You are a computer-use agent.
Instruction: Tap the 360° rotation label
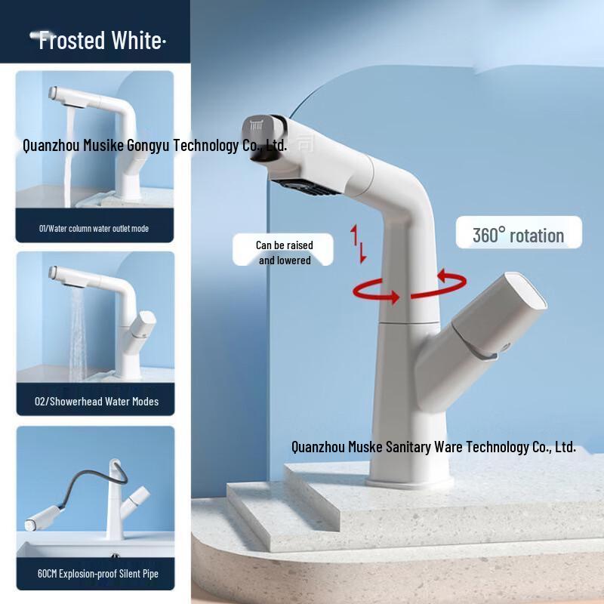(518, 235)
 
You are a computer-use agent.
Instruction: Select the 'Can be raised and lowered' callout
(284, 252)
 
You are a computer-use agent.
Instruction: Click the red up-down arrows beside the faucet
(359, 244)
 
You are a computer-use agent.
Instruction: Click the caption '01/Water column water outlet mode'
(94, 229)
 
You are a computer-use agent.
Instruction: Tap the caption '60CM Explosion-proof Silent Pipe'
(97, 574)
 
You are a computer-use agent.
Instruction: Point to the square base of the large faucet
(411, 479)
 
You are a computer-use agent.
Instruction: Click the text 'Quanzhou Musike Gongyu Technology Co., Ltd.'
(155, 144)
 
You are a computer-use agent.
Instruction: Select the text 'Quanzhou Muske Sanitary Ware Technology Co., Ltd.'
(433, 446)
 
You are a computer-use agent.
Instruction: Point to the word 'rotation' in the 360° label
(537, 235)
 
